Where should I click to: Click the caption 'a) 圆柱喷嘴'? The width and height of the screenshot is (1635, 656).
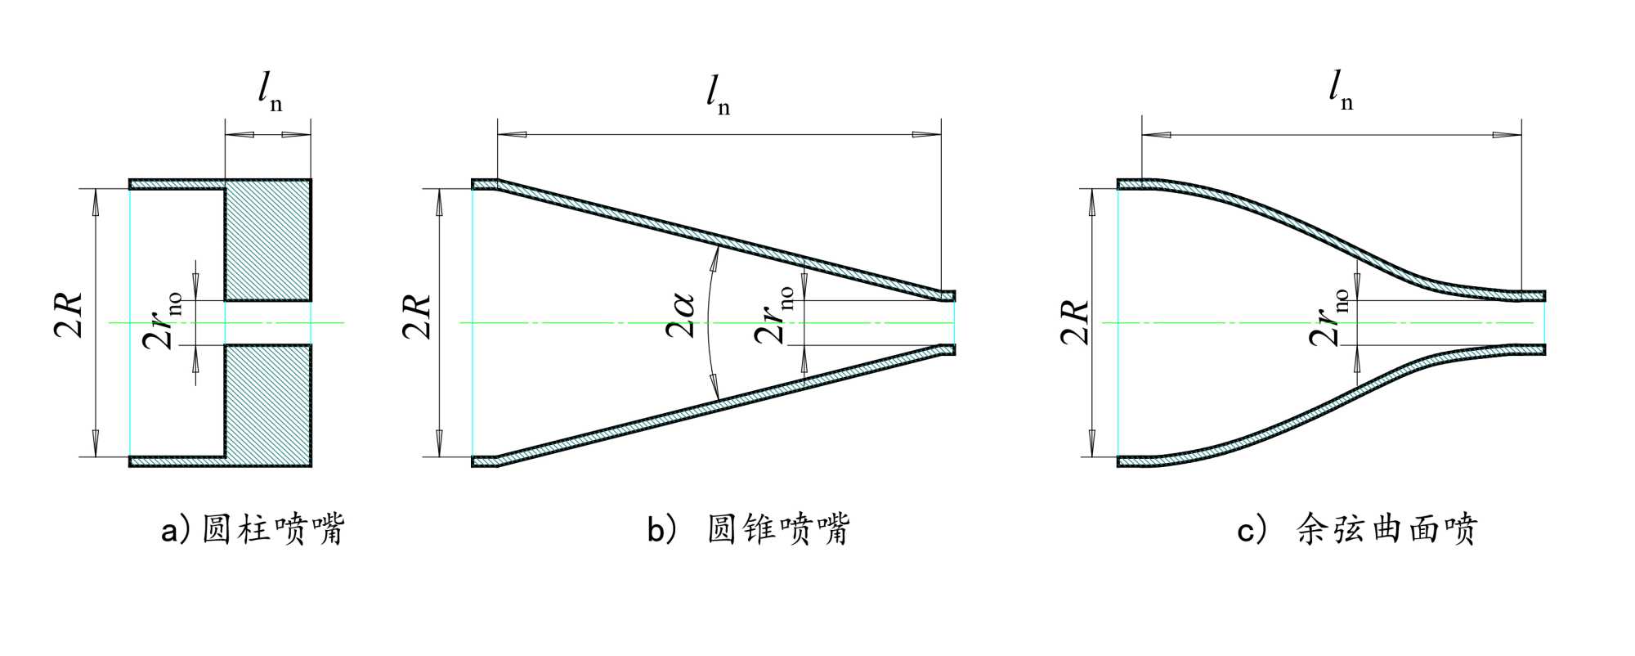[x=253, y=530]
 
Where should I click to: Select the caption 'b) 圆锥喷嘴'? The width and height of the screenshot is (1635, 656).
[x=748, y=530]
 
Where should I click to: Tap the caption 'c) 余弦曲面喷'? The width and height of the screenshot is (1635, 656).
[x=1357, y=530]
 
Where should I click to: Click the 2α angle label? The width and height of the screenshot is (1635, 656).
[x=680, y=315]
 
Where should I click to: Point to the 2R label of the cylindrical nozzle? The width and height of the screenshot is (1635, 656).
[x=70, y=315]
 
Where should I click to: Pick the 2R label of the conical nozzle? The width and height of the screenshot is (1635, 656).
[x=417, y=315]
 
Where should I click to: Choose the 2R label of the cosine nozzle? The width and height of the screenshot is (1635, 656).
[x=1075, y=321]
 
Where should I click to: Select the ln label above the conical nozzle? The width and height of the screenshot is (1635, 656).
[x=717, y=95]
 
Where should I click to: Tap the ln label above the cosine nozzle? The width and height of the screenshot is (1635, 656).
[x=1340, y=90]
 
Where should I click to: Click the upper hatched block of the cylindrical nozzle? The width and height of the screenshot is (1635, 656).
[x=268, y=240]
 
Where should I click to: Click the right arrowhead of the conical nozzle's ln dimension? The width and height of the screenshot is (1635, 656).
[x=928, y=134]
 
